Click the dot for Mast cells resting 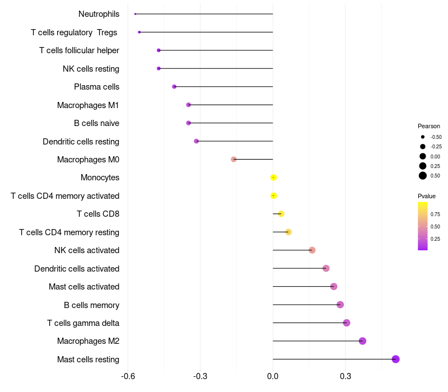click(395, 359)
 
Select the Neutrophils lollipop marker click(136, 14)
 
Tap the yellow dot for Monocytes click(273, 178)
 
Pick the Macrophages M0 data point click(234, 159)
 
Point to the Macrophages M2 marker click(362, 341)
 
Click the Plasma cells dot click(174, 87)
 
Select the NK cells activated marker click(312, 250)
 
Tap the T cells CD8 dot click(281, 214)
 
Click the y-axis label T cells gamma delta click(83, 323)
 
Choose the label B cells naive click(96, 123)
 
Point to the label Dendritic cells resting click(81, 142)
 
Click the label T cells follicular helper click(79, 50)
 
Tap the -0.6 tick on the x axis click(128, 376)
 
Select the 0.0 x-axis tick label click(273, 376)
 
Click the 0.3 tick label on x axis click(346, 376)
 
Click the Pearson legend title click(429, 126)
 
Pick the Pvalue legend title click(427, 196)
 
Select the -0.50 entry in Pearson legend click(436, 137)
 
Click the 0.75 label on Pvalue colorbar click(435, 214)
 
